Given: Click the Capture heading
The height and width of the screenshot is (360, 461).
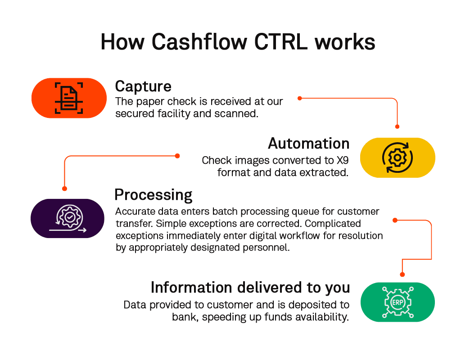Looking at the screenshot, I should click(x=143, y=86).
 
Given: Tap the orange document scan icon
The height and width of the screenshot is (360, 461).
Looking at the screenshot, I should click(x=69, y=98).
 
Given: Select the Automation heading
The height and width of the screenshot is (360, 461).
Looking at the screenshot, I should click(x=308, y=144).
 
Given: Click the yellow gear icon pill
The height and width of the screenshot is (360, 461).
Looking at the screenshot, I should click(x=398, y=157).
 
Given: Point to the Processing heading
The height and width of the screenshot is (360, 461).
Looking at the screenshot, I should click(x=154, y=195).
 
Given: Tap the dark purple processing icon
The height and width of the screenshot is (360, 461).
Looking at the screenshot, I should click(x=68, y=218).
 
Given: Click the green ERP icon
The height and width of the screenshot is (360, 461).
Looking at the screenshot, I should click(x=398, y=302).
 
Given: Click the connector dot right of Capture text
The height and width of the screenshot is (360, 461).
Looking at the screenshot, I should click(x=299, y=98).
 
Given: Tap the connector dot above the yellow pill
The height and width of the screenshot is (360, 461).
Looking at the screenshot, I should click(x=398, y=127).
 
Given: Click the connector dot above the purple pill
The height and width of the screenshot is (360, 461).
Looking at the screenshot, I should click(x=64, y=189).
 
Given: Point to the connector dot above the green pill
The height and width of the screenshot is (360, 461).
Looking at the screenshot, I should click(x=402, y=274).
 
